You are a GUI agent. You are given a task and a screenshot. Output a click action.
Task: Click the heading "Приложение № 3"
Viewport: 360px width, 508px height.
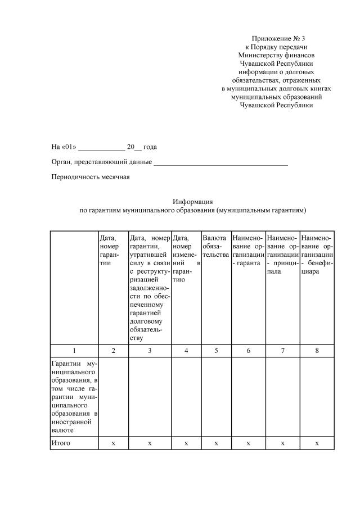click(276, 38)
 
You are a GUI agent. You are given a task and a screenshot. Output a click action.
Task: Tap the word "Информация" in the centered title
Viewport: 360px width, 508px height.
click(192, 201)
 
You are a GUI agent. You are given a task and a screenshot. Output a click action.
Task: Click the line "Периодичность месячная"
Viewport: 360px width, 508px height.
click(91, 177)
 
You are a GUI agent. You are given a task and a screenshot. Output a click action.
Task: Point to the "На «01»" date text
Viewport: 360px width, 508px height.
click(64, 147)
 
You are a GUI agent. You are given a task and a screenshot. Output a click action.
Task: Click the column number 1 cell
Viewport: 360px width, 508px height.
click(74, 350)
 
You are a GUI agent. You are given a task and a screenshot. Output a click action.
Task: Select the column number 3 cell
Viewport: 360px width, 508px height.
click(150, 350)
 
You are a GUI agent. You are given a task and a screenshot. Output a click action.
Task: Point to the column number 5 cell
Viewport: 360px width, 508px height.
click(215, 350)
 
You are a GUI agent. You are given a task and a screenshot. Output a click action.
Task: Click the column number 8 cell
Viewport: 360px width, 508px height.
click(317, 350)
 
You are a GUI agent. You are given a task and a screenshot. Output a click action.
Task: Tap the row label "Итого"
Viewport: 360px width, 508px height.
click(60, 443)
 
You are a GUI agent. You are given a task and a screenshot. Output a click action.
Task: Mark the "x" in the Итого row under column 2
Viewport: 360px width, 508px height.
click(113, 443)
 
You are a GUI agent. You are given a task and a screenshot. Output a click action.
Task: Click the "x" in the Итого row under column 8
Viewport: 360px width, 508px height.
click(317, 443)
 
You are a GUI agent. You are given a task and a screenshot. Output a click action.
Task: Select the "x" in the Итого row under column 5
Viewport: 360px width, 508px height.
click(215, 443)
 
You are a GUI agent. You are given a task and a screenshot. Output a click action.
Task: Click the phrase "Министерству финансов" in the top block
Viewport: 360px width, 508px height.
click(276, 56)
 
